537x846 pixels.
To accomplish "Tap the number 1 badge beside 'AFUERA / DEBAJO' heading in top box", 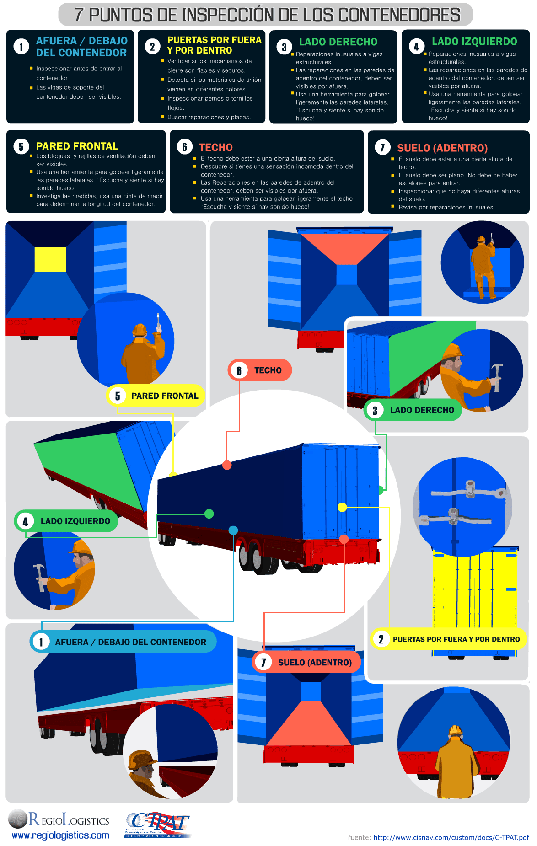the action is click(21, 47).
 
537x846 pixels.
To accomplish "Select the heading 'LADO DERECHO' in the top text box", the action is click(338, 42).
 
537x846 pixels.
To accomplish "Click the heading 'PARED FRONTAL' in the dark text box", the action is click(77, 146).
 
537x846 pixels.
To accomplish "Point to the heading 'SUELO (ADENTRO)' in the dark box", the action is click(442, 148).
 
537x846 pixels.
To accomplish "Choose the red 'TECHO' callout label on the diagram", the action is click(259, 370).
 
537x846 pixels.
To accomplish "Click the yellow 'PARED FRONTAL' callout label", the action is click(156, 396).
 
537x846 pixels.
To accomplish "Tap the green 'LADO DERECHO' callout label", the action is click(413, 410).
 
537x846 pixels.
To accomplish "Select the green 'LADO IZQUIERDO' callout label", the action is click(66, 521).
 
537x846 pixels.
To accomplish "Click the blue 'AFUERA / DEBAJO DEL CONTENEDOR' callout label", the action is click(123, 642).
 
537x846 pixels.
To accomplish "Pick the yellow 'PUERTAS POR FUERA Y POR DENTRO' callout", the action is click(448, 639).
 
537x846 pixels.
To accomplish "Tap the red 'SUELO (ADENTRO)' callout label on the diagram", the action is click(306, 662).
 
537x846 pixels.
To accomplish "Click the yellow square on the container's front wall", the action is click(50, 259).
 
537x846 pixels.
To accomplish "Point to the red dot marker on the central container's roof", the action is click(227, 465).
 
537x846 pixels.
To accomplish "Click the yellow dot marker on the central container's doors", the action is click(342, 507).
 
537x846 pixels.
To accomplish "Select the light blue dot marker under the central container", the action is click(233, 530).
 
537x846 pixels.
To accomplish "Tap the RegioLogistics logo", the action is click(59, 825).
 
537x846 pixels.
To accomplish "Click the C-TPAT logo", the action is click(157, 825).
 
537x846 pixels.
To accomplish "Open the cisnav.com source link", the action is click(451, 837).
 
